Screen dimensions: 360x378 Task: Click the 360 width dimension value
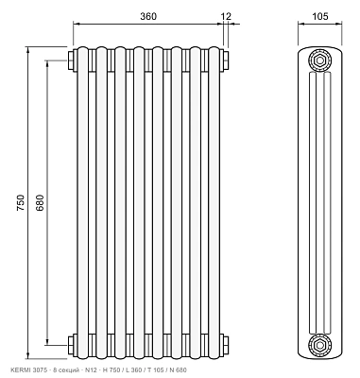[x=148, y=16]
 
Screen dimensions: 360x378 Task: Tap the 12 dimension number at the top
[x=226, y=16]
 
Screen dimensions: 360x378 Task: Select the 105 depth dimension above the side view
[x=320, y=16]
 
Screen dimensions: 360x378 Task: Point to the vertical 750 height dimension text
[x=20, y=203]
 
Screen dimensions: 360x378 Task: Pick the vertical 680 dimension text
[x=41, y=203]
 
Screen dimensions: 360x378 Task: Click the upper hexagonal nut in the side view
[x=320, y=60]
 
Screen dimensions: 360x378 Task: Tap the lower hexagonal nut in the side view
[x=320, y=345]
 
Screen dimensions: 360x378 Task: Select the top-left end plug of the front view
[x=72, y=60]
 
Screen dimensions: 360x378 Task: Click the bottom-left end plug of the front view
[x=72, y=346]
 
